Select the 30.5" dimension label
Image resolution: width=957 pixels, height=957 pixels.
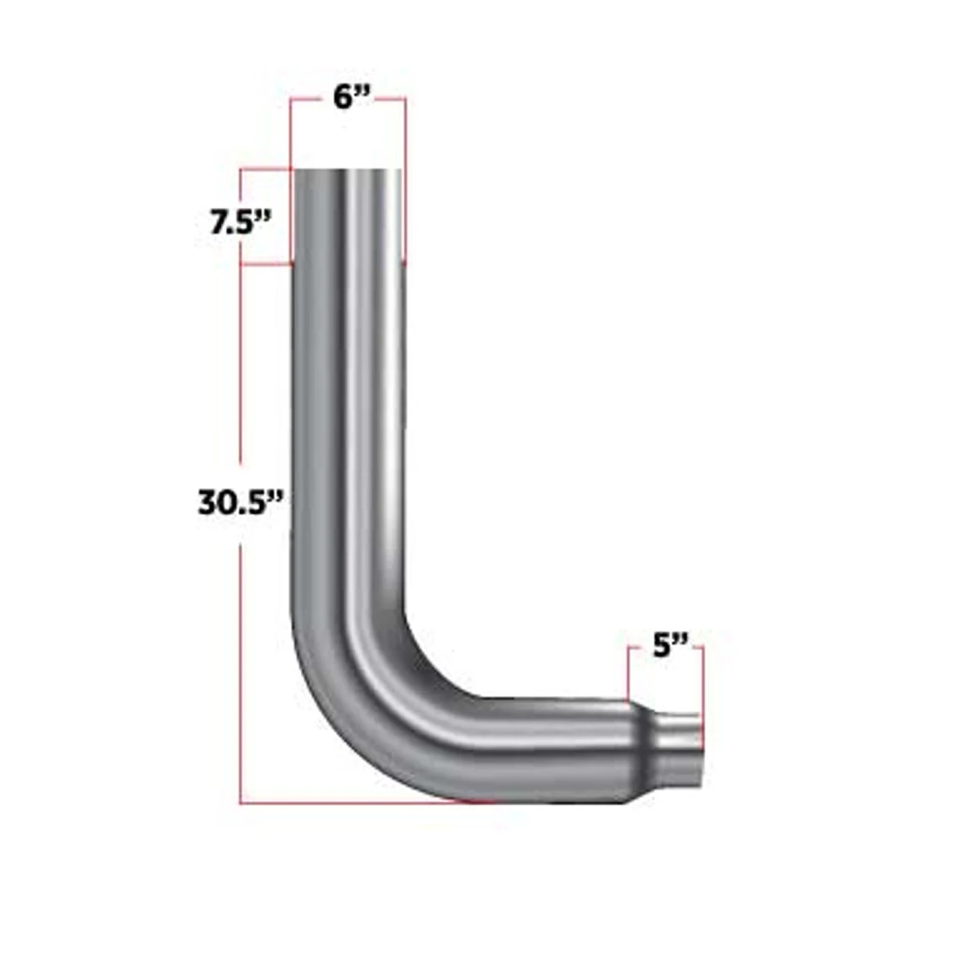241,502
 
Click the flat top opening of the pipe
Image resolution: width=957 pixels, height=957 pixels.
348,172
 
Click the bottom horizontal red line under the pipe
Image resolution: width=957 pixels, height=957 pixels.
359,803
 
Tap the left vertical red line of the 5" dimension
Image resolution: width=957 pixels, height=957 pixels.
630,673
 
